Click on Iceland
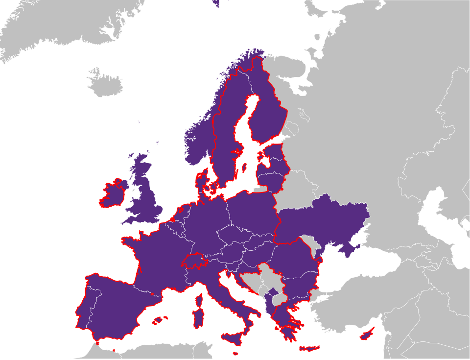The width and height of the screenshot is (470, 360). tap(105, 85)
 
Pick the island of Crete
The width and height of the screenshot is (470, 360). tap(309, 349)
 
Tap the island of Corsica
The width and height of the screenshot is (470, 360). tap(199, 299)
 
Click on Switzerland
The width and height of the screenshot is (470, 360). tap(195, 260)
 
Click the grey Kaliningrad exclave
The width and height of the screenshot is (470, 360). tap(260, 189)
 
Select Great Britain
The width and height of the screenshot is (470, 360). tap(144, 196)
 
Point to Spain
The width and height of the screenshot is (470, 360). tap(117, 309)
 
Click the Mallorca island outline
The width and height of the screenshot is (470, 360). tap(158, 321)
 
